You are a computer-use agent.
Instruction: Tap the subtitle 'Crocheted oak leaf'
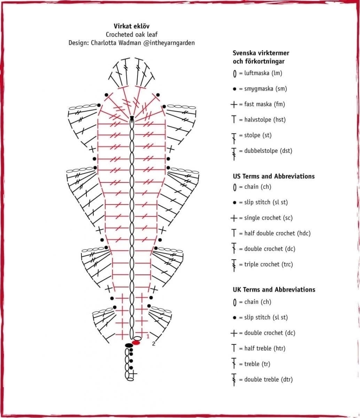pyautogui.click(x=131, y=34)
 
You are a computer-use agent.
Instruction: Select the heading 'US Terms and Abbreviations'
pyautogui.click(x=273, y=176)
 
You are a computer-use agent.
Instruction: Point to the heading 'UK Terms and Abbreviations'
pyautogui.click(x=274, y=289)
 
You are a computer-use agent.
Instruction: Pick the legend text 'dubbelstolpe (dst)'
pyautogui.click(x=268, y=151)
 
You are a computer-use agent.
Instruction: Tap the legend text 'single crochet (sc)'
pyautogui.click(x=268, y=218)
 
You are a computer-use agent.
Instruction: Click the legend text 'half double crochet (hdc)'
pyautogui.click(x=277, y=233)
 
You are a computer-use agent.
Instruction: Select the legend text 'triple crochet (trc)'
pyautogui.click(x=268, y=264)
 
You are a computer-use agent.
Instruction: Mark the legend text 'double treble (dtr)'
pyautogui.click(x=268, y=379)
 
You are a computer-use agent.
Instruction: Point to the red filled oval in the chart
pyautogui.click(x=136, y=343)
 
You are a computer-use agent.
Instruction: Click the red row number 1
pyautogui.click(x=148, y=336)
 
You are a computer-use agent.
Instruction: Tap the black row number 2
pyautogui.click(x=154, y=344)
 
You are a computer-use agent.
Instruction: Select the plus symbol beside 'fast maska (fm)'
pyautogui.click(x=234, y=104)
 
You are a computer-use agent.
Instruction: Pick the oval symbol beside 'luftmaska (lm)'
pyautogui.click(x=235, y=73)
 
